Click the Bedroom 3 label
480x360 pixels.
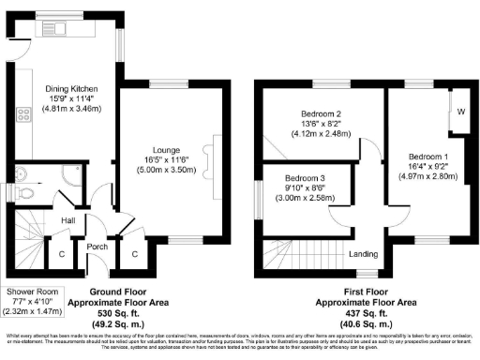pyautogui.click(x=307, y=178)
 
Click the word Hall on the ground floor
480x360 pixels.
pyautogui.click(x=68, y=220)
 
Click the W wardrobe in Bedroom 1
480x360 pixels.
pyautogui.click(x=459, y=112)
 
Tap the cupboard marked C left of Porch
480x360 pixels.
pyautogui.click(x=62, y=252)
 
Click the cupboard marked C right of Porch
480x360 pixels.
pyautogui.click(x=134, y=252)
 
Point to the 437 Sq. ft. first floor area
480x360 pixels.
pyautogui.click(x=353, y=314)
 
